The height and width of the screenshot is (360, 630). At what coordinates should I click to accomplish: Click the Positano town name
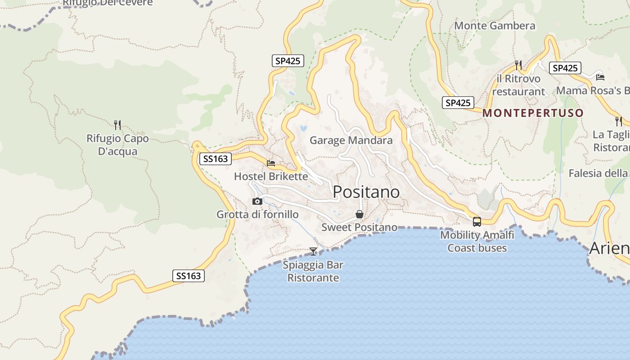click(366, 192)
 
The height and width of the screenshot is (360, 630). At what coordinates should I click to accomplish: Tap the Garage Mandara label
click(351, 140)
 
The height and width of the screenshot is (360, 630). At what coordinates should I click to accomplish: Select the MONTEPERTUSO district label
click(533, 113)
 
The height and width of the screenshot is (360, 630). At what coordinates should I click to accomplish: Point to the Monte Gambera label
click(495, 26)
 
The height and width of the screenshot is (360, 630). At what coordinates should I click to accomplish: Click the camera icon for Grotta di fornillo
click(257, 201)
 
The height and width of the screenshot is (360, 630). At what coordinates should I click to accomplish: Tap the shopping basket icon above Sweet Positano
click(359, 214)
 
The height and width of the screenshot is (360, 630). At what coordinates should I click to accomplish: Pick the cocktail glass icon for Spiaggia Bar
click(313, 251)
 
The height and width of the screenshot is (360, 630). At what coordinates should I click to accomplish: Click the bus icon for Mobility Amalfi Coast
click(477, 221)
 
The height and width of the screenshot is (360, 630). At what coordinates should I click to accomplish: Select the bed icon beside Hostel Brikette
click(271, 163)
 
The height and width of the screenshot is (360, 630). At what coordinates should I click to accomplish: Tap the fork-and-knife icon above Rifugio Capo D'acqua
click(117, 125)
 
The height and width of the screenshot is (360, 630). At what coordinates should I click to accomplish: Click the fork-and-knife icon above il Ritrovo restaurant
click(518, 65)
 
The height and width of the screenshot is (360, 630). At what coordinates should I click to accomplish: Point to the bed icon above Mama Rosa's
click(600, 77)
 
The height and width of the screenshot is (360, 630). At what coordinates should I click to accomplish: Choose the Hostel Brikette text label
click(271, 176)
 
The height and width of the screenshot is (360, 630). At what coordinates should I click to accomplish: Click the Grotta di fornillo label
click(257, 215)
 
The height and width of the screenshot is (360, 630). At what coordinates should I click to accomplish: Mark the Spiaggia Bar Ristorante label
click(313, 271)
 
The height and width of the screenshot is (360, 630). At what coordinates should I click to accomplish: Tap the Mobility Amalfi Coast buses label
click(477, 242)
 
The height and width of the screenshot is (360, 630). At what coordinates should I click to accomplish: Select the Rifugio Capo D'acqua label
click(117, 145)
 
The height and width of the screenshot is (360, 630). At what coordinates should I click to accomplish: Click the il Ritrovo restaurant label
click(518, 85)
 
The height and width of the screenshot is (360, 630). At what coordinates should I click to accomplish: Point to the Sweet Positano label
click(359, 228)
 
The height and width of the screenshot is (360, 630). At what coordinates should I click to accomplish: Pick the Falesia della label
click(598, 173)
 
